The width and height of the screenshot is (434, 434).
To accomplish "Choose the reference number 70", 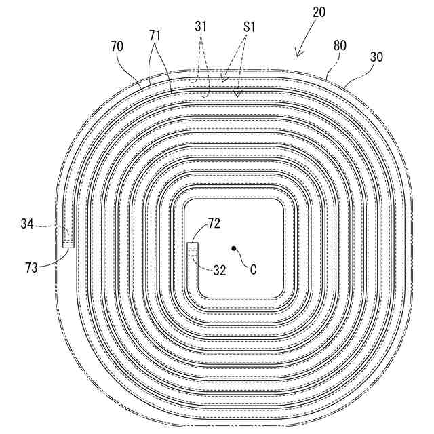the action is pos(117,46).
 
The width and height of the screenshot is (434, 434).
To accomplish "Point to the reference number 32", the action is pos(219,269).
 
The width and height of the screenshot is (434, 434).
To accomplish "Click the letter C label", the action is pos(253,269).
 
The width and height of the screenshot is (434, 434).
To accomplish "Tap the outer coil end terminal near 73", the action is pos(68,239).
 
